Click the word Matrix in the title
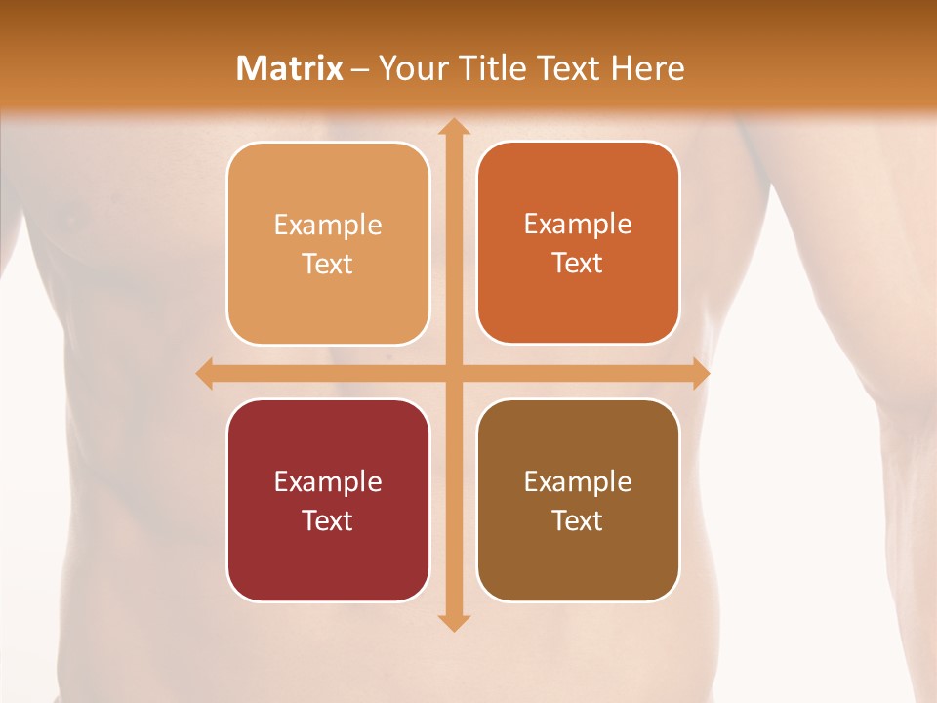click(290, 68)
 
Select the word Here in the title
click(648, 68)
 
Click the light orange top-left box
click(328, 243)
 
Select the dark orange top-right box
click(578, 243)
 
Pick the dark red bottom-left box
click(328, 500)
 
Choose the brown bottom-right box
click(578, 500)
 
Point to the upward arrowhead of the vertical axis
click(453, 126)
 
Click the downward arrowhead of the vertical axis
click(453, 622)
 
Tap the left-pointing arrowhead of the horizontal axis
click(206, 373)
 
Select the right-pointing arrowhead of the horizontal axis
click(700, 373)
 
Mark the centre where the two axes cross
click(453, 373)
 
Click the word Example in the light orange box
click(328, 226)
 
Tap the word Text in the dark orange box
click(578, 264)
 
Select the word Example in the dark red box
click(328, 481)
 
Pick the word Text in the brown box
click(578, 520)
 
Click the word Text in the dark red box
click(328, 520)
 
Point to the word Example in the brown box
click(578, 481)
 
